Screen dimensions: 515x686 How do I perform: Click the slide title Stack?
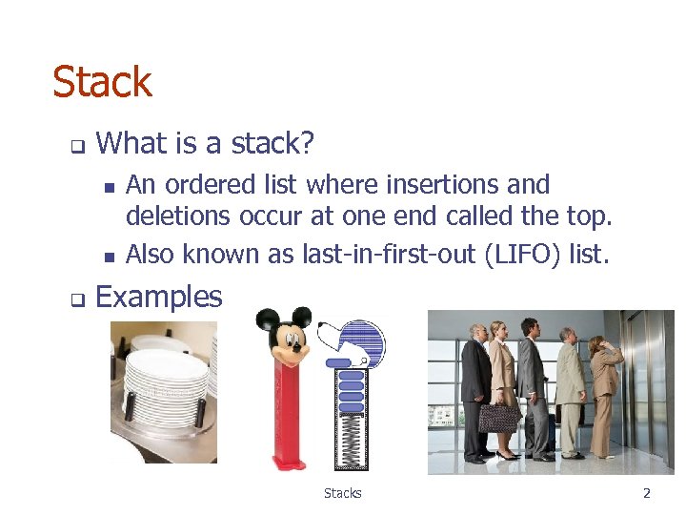coord(102,82)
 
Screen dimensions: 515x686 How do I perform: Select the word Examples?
coord(159,297)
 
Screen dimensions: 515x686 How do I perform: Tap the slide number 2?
coord(646,493)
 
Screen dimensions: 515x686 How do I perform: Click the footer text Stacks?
coord(342,493)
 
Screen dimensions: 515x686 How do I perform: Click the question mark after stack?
coord(306,144)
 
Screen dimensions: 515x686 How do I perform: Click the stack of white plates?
coord(166,381)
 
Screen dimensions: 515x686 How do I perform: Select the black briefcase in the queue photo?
coord(499,418)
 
